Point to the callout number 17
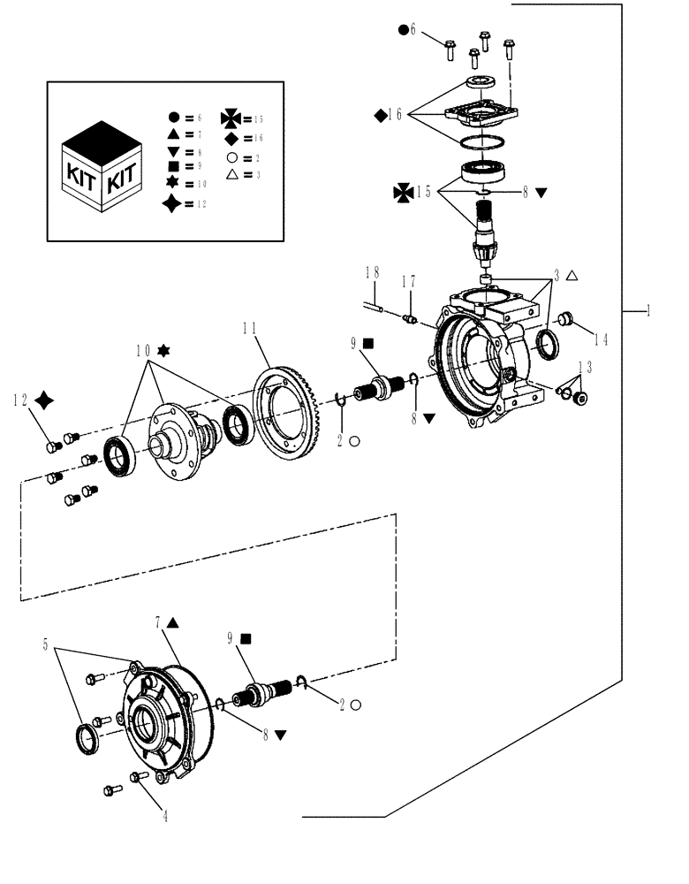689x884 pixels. [407, 282]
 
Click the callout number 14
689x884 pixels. [601, 338]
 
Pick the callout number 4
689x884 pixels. [164, 816]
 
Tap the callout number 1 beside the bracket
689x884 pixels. [647, 310]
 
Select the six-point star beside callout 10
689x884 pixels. [162, 351]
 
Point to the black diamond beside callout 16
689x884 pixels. [380, 114]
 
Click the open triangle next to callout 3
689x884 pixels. [572, 277]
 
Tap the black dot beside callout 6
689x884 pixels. [404, 30]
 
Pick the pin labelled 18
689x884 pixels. [374, 307]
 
